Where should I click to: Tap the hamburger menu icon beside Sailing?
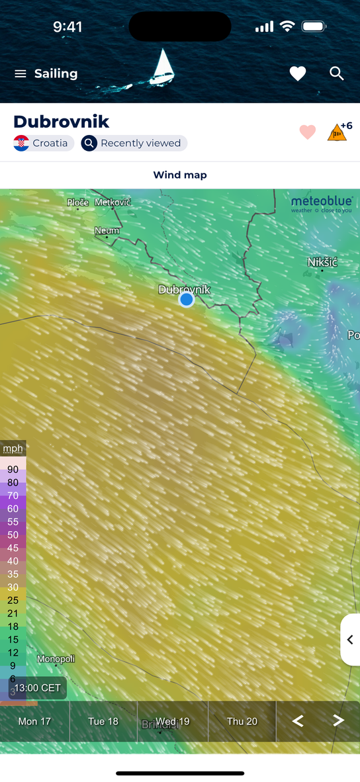(x=20, y=74)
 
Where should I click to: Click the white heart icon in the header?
(x=298, y=74)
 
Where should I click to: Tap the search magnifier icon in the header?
(x=337, y=73)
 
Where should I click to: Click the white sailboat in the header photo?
(x=162, y=67)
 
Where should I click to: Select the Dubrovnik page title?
(x=61, y=122)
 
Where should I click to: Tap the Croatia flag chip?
(x=43, y=143)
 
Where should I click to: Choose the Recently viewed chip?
(x=134, y=143)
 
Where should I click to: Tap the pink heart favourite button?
(x=308, y=132)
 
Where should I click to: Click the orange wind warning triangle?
(x=337, y=132)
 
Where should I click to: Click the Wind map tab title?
(x=180, y=175)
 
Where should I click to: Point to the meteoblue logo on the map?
(x=322, y=204)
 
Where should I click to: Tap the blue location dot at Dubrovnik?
(x=187, y=300)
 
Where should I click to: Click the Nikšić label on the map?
(x=322, y=263)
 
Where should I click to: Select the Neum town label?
(x=107, y=230)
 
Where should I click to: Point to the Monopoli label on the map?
(x=56, y=659)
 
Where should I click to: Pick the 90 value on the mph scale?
(x=13, y=469)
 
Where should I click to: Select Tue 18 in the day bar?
(x=103, y=721)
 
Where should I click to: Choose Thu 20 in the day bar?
(x=242, y=721)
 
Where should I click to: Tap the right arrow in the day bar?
(x=338, y=721)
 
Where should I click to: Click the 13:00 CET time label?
(x=38, y=688)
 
